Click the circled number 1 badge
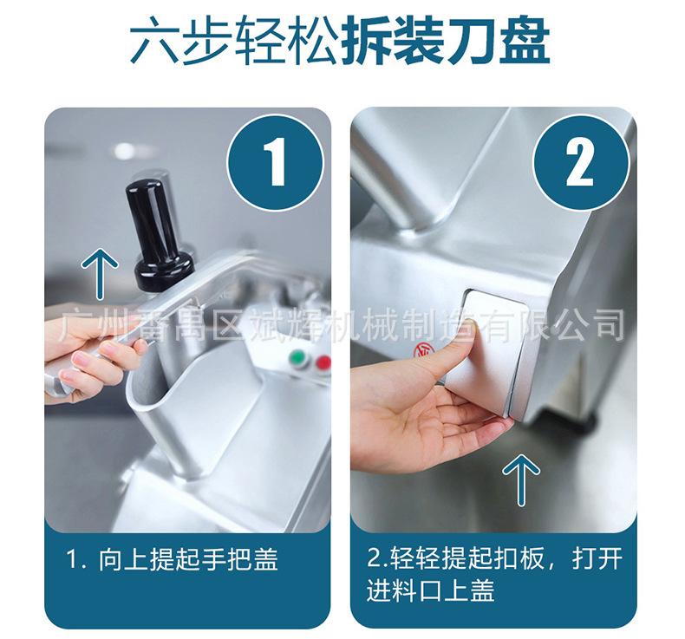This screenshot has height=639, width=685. point(275,163)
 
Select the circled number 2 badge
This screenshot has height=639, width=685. point(580,163)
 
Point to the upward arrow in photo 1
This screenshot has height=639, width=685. point(100,274)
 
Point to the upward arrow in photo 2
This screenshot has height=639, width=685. point(521,479)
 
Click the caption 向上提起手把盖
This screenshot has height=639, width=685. point(187,559)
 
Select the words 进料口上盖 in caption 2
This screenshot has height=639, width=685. point(431,590)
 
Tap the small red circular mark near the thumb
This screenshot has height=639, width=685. point(421,350)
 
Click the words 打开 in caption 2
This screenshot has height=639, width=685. point(597,558)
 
